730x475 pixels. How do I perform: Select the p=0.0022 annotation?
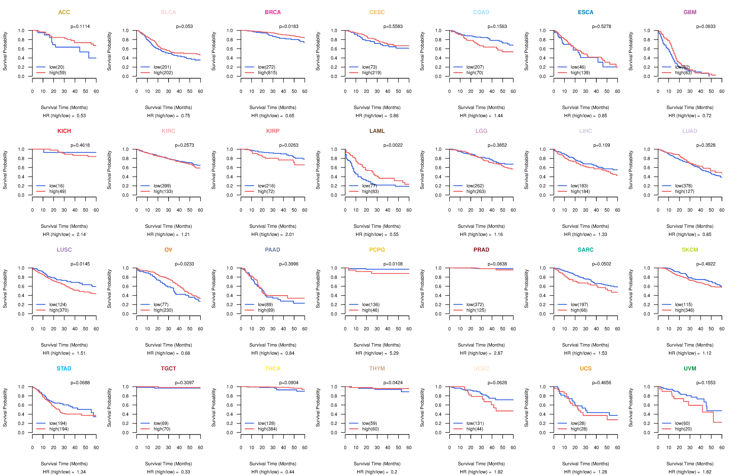393,145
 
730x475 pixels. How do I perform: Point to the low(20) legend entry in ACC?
57,67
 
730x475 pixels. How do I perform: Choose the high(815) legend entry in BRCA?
267,73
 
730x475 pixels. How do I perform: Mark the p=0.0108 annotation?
393,264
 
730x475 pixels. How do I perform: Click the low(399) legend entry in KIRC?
162,186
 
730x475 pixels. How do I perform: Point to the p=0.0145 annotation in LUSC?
80,264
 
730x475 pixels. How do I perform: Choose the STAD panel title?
64,368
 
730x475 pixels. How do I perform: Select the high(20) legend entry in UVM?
683,429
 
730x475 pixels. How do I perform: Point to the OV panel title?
168,250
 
